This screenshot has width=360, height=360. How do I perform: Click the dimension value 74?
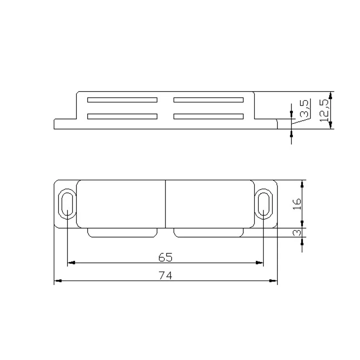point(166,275)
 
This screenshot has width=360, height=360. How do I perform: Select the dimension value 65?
point(166,257)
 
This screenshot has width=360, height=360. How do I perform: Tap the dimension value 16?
point(297,204)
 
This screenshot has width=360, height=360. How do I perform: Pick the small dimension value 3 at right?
point(297,233)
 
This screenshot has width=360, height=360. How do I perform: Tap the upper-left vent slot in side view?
point(122,100)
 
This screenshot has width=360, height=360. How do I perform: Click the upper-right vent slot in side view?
point(208,100)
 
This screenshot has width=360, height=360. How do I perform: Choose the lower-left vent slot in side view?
point(122,116)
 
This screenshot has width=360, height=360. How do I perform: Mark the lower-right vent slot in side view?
point(208,116)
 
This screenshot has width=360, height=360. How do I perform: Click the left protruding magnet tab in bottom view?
point(122,233)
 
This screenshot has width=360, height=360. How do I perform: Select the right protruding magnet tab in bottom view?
point(208,233)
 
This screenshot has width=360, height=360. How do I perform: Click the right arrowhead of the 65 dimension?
point(260,263)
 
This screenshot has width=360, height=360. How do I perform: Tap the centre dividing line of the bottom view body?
point(166,204)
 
